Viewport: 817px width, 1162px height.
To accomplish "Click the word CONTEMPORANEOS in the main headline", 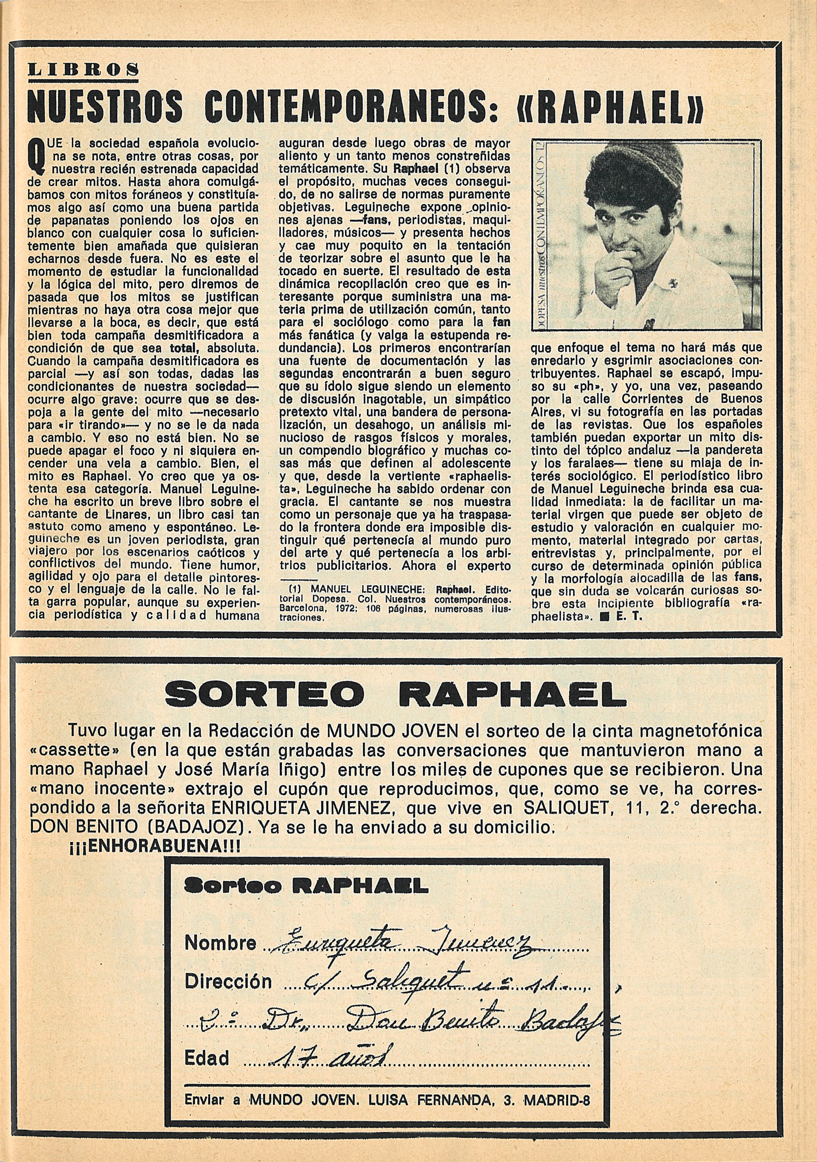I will pyautogui.click(x=347, y=107).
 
